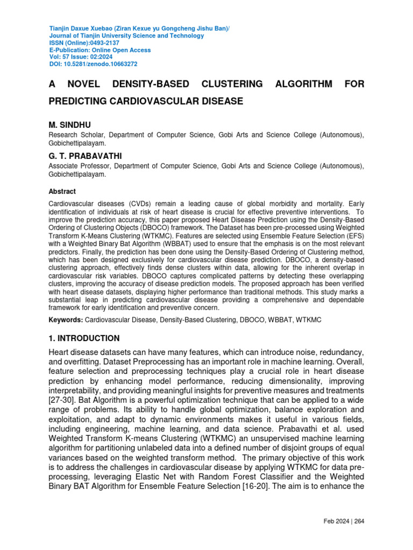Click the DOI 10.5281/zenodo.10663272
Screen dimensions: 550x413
pos(102,64)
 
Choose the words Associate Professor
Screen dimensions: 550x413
pos(78,167)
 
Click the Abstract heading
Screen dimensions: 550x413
pos(62,191)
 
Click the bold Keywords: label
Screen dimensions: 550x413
pos(65,320)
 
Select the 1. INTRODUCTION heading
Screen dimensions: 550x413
pos(84,338)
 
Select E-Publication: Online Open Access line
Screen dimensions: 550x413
pos(100,50)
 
